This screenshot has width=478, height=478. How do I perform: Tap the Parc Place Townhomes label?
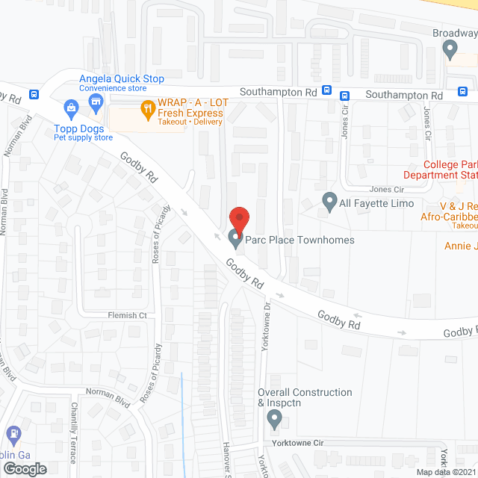[302, 240]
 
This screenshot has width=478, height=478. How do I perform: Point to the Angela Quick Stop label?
[122, 79]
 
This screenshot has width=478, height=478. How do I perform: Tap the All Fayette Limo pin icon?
[329, 202]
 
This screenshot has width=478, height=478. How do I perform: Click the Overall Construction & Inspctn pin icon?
[274, 422]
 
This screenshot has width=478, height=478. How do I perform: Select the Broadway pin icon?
[450, 50]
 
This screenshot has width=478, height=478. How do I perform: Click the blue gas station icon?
[13, 434]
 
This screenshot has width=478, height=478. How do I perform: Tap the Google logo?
[24, 468]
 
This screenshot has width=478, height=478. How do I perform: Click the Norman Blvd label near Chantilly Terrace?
[108, 397]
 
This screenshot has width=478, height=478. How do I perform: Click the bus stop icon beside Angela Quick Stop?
[34, 95]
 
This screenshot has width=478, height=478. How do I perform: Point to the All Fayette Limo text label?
[376, 203]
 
